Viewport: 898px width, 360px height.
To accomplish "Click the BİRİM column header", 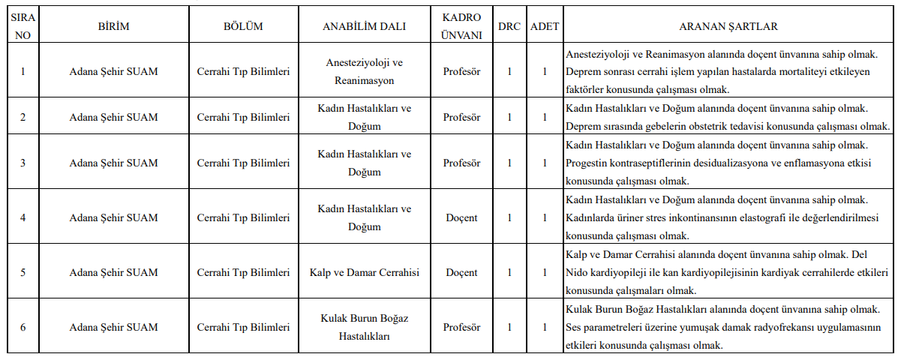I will [114, 26].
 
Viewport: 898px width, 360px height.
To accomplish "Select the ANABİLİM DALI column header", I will [364, 26].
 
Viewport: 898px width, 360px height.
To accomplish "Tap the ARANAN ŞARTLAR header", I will [728, 26].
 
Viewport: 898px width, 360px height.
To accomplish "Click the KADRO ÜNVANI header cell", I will [461, 26].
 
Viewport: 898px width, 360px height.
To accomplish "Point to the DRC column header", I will [509, 26].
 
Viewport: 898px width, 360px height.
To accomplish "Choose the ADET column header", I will [545, 26].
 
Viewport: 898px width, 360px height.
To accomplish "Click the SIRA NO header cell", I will [24, 26].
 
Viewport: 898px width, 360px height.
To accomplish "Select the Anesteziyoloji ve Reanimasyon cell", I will [364, 71].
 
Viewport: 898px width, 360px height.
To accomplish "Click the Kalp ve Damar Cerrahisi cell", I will [364, 272].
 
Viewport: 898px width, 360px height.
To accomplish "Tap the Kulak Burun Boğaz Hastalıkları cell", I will [364, 328].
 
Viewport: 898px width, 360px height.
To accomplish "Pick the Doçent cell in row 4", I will [461, 218].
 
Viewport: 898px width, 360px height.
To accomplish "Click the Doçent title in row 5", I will [461, 272].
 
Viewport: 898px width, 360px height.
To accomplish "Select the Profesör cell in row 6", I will [461, 328].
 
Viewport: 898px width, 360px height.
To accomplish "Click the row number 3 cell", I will [24, 163].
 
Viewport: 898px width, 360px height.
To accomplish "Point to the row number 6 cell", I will [24, 328].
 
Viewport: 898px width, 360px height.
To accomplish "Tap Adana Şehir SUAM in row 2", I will [114, 117].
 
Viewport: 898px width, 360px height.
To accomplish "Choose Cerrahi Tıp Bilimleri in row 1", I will [243, 72].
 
